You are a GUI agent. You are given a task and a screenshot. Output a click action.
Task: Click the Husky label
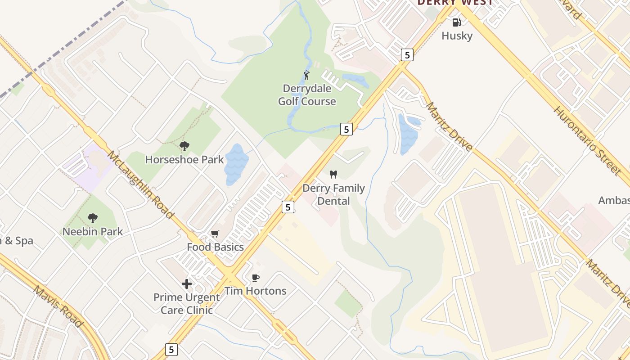(457, 36)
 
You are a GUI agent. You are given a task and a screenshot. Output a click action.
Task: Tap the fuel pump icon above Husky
(456, 22)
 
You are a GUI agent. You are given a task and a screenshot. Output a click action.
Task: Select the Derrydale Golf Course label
(307, 95)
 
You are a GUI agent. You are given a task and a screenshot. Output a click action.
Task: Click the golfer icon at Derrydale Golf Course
(306, 75)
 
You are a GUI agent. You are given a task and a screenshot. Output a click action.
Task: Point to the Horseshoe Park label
(184, 159)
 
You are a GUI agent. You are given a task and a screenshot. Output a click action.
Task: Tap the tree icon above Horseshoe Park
(184, 146)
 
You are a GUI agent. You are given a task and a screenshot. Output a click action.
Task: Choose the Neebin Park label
(93, 232)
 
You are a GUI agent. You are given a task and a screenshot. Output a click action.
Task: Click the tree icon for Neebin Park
(93, 218)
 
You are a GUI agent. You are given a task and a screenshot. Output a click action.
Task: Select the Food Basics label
(215, 247)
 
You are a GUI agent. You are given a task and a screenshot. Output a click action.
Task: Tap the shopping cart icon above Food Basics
(215, 234)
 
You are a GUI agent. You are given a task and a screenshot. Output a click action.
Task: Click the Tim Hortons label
(255, 291)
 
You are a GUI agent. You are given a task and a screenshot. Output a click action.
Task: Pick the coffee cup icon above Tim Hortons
(255, 277)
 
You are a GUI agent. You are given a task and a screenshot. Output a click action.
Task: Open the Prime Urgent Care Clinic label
(186, 304)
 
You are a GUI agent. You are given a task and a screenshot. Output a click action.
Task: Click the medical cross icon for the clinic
(186, 284)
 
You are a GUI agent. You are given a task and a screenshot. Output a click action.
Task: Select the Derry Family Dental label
(333, 194)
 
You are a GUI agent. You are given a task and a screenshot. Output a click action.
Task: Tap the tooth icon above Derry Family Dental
(333, 174)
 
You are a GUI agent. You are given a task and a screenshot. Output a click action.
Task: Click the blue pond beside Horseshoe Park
(236, 164)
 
